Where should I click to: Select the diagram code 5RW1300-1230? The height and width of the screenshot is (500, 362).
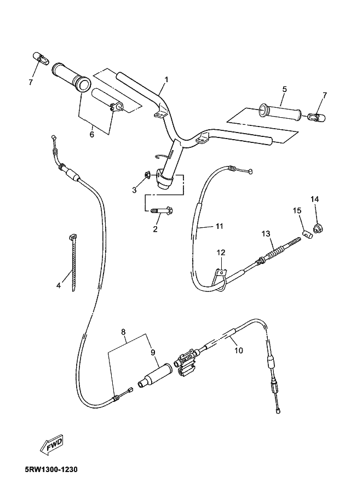(51, 470)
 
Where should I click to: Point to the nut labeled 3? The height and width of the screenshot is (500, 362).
(147, 175)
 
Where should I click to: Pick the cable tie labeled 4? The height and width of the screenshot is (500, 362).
(73, 262)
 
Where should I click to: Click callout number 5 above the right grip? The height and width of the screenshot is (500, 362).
(284, 89)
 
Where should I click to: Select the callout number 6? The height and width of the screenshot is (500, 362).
(92, 134)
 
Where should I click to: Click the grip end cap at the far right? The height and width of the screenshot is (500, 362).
(317, 117)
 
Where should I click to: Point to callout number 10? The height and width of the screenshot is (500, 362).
(239, 350)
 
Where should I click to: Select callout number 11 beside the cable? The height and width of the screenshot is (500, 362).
(219, 226)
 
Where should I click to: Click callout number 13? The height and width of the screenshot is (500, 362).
(266, 234)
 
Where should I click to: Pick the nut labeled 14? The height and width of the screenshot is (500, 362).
(318, 228)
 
